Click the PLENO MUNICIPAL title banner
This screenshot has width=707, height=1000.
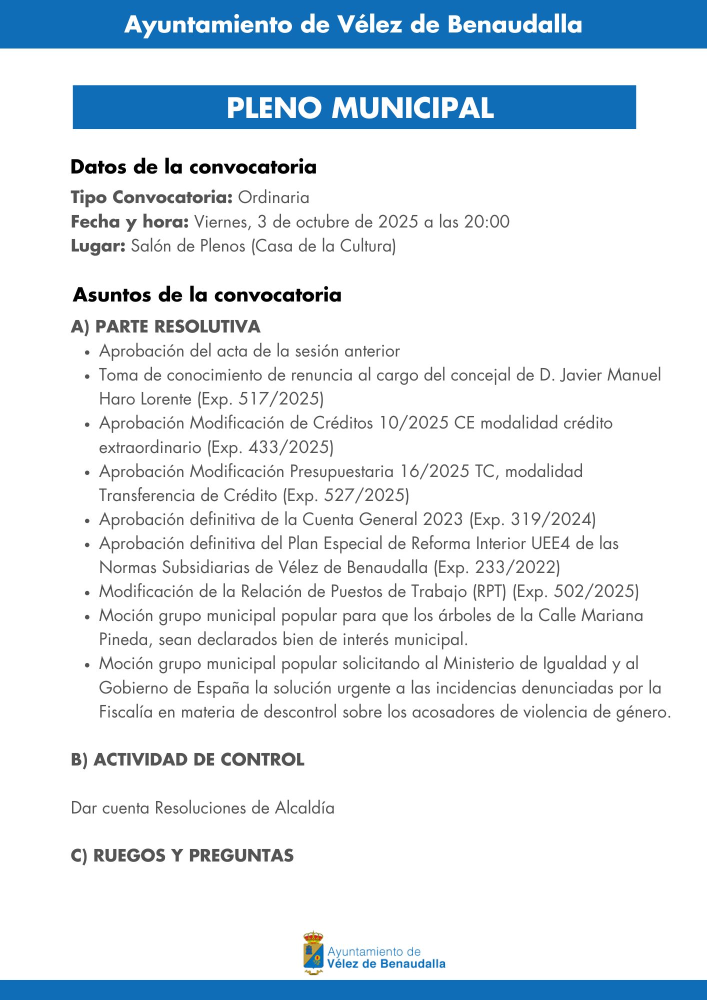click(354, 107)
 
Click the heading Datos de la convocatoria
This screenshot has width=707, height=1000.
click(193, 167)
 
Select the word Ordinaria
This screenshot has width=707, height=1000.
click(273, 197)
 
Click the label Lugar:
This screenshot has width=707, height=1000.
click(98, 246)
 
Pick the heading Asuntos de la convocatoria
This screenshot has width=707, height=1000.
click(207, 295)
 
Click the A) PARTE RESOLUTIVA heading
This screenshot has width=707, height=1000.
click(165, 326)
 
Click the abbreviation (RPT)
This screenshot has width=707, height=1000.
click(489, 591)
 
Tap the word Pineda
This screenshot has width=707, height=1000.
click(125, 639)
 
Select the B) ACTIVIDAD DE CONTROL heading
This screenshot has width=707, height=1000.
click(187, 759)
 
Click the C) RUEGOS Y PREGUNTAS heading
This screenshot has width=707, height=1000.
click(182, 855)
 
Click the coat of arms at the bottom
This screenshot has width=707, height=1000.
click(313, 953)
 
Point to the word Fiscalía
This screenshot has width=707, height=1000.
click(125, 712)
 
